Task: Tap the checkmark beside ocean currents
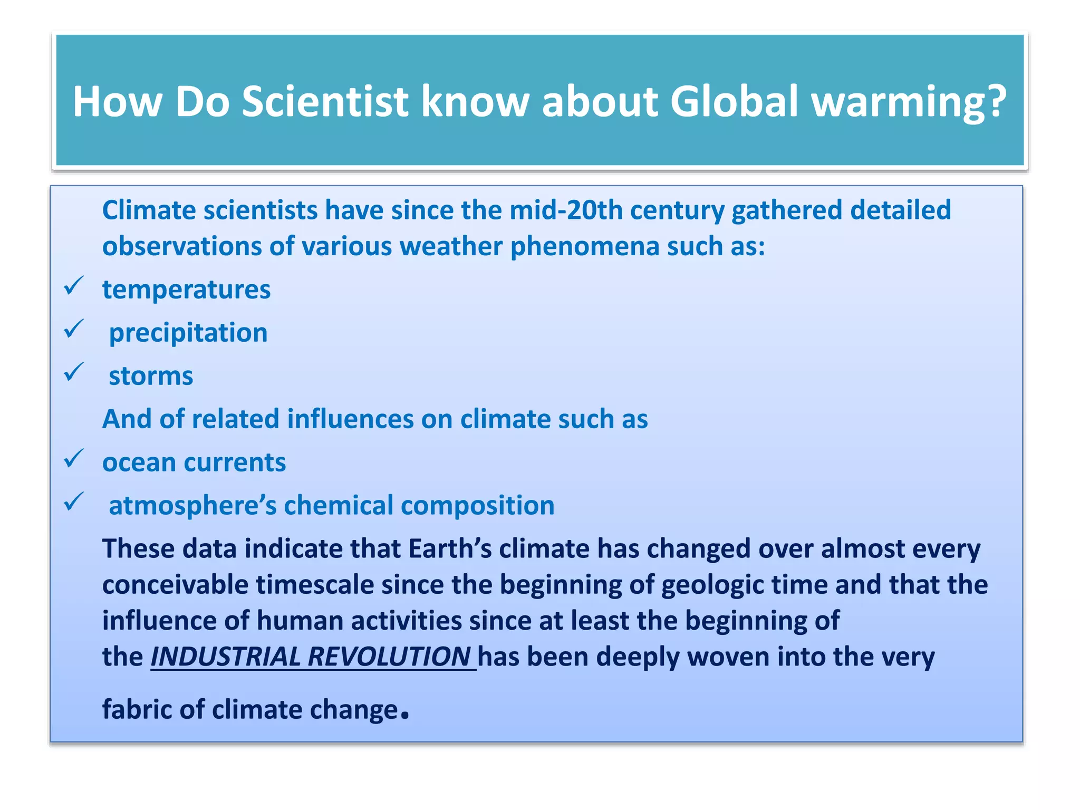(73, 459)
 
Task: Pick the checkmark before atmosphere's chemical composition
(73, 503)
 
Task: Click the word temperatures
(186, 290)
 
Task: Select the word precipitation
(188, 333)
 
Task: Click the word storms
(151, 377)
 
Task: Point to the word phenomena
(585, 247)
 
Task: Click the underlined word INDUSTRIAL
(226, 657)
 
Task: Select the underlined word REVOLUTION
(389, 657)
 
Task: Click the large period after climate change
(404, 716)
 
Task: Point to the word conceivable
(175, 585)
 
